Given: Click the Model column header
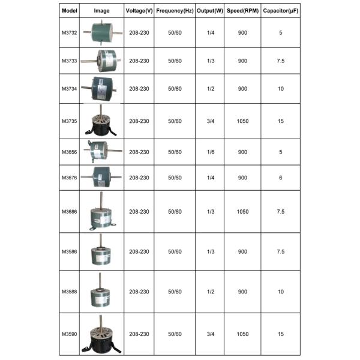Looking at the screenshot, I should point(70,11).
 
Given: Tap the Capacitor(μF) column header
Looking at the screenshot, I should point(281,11).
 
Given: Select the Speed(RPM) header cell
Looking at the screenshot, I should point(242,11).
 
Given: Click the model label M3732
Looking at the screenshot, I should point(70,32).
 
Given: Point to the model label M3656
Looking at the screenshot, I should point(70,152).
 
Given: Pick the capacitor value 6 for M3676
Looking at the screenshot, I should point(281,178).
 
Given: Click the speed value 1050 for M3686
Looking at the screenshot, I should point(242,212).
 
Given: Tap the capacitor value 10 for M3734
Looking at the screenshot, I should point(281,88).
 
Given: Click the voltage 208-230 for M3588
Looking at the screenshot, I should point(139,292).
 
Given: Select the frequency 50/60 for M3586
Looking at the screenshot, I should point(175,251).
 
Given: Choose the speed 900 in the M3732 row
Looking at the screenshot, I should point(242,32).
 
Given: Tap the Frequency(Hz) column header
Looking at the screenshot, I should point(175,11).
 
